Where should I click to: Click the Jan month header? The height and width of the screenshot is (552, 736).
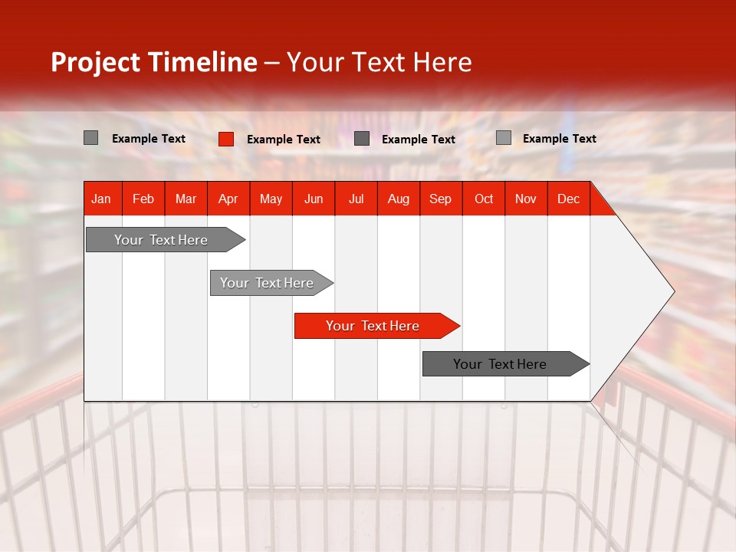click(101, 199)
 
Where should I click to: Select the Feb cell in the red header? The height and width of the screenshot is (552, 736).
click(143, 199)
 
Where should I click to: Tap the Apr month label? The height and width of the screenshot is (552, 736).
click(228, 199)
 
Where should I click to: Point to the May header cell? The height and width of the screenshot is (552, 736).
click(271, 199)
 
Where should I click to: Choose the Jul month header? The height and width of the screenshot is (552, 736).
click(356, 199)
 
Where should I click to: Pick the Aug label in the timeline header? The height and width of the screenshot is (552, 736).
click(398, 199)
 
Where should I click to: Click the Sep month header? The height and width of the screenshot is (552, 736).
click(440, 199)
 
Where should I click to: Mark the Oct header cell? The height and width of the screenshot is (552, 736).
click(484, 199)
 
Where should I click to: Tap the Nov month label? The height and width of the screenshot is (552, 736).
click(526, 199)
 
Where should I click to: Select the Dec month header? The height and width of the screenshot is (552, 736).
click(568, 199)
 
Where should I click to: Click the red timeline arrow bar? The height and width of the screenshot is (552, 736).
click(376, 326)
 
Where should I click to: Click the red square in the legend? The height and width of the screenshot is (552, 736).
click(226, 139)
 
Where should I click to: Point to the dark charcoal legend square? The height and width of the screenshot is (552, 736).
click(362, 139)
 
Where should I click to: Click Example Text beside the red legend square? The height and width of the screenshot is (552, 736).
click(284, 140)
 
